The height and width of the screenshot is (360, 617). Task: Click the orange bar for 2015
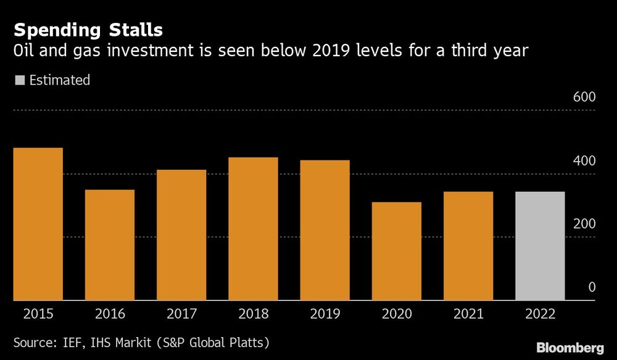coord(38,224)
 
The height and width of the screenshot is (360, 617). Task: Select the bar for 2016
coord(110,245)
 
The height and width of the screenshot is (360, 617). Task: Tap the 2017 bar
coord(181,235)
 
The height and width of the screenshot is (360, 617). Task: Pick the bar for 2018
coord(253,229)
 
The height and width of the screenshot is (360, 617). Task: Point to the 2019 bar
coord(325,230)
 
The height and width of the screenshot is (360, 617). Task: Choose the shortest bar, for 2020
coord(396,251)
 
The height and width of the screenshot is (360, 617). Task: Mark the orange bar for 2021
coord(468,246)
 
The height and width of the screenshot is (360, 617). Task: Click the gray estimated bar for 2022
coord(540,246)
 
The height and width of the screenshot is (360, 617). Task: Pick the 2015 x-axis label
coord(38,314)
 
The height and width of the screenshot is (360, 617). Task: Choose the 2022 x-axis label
coord(540,314)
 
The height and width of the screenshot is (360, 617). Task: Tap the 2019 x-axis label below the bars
coord(325,314)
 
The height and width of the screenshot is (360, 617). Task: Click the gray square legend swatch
coord(19,80)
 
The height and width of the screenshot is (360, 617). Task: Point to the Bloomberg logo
coord(571,348)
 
